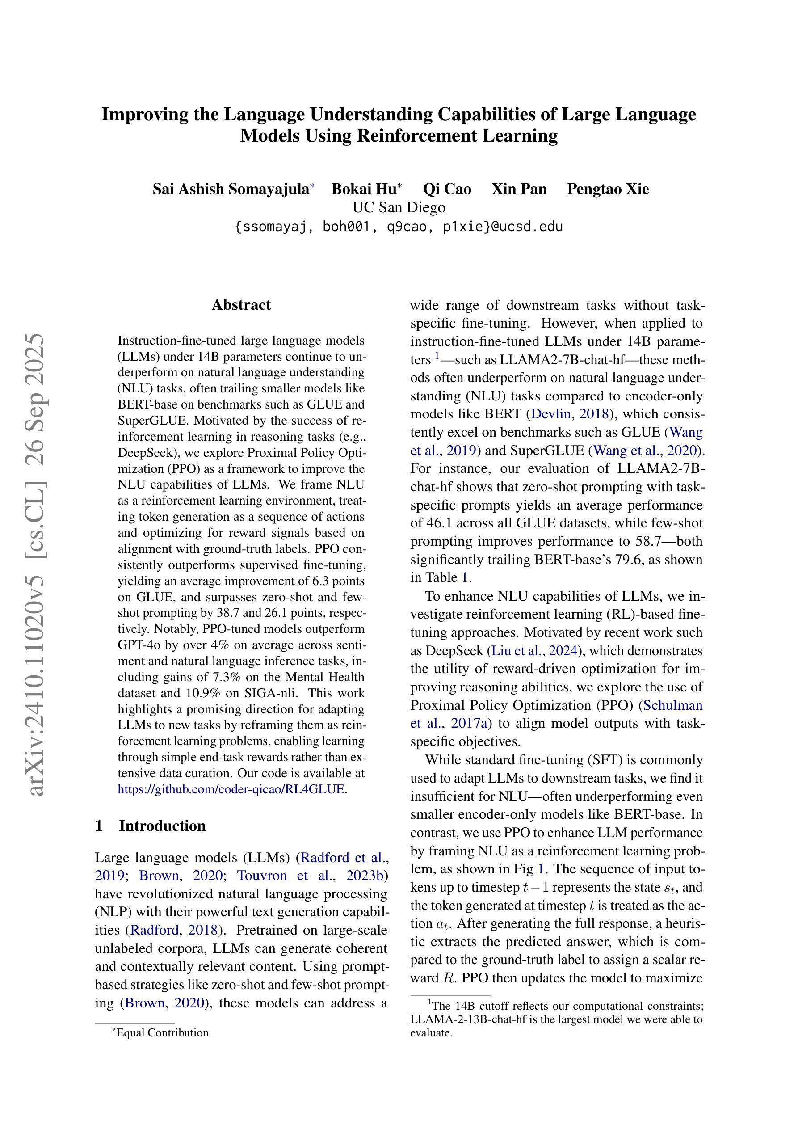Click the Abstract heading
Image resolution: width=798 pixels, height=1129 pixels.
[x=241, y=305]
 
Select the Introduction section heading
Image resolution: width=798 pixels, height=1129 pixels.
[x=162, y=826]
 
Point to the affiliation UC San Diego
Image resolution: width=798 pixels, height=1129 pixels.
[x=399, y=207]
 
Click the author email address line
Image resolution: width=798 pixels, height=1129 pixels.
[x=399, y=227]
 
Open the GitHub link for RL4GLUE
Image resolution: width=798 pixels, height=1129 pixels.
[x=231, y=789]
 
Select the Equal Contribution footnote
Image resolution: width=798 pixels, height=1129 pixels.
[x=162, y=1032]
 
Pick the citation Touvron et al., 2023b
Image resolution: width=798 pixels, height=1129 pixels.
[x=312, y=875]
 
